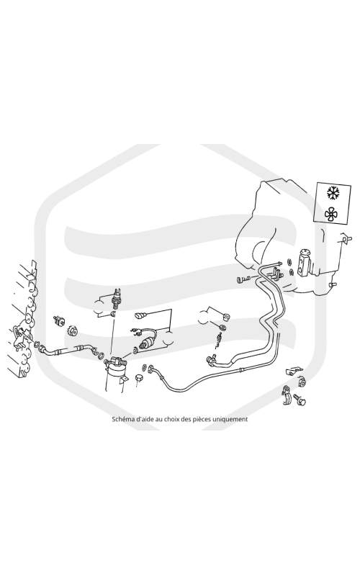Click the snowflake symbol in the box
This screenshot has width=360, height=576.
[x=333, y=193]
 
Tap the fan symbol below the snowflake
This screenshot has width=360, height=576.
[x=331, y=214]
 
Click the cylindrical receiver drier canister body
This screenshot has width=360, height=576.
[x=115, y=379]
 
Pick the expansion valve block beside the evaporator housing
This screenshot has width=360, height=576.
[x=305, y=262]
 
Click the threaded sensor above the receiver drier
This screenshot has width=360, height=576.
[x=117, y=298]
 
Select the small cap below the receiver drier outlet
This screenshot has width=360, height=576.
[x=138, y=379]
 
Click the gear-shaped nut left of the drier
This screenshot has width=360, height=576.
[x=73, y=331]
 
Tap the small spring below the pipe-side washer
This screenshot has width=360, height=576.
[x=218, y=340]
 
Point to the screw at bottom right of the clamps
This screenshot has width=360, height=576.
[x=300, y=400]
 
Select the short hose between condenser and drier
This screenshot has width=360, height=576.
[x=66, y=350]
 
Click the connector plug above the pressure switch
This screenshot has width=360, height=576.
[x=140, y=315]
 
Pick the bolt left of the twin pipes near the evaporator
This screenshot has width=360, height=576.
[x=243, y=279]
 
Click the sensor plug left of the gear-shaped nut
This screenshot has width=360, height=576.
[x=58, y=320]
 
